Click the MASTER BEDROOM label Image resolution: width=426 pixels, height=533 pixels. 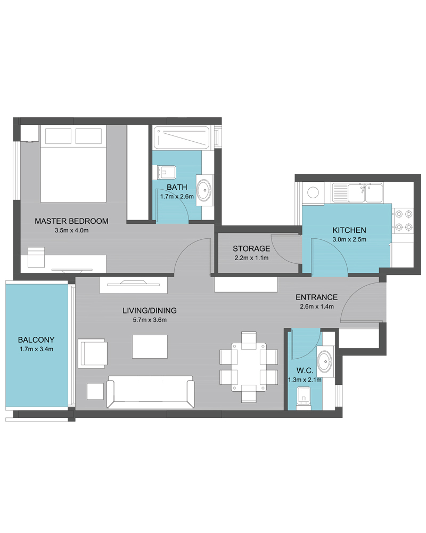(71, 221)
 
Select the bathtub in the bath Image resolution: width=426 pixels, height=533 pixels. (182, 138)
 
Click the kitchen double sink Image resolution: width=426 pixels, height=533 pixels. (357, 193)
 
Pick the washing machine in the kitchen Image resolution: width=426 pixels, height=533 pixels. (313, 193)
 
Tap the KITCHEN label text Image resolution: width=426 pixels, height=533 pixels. (349, 230)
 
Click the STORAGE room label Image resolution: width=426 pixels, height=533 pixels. (251, 248)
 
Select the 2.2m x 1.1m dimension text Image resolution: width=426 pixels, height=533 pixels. (251, 257)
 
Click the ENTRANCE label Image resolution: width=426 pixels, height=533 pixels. (317, 297)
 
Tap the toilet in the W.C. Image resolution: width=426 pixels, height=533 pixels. (304, 398)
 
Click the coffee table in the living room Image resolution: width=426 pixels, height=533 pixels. (150, 346)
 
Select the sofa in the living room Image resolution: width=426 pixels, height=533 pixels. (151, 392)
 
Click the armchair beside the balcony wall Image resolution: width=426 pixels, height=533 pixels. (93, 353)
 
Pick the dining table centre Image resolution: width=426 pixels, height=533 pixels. (249, 367)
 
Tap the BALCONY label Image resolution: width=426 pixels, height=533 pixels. (36, 340)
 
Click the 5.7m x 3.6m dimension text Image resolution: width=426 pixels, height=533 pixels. (150, 319)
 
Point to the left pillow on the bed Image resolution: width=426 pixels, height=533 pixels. (58, 136)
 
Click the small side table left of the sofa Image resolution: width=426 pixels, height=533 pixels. (95, 391)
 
